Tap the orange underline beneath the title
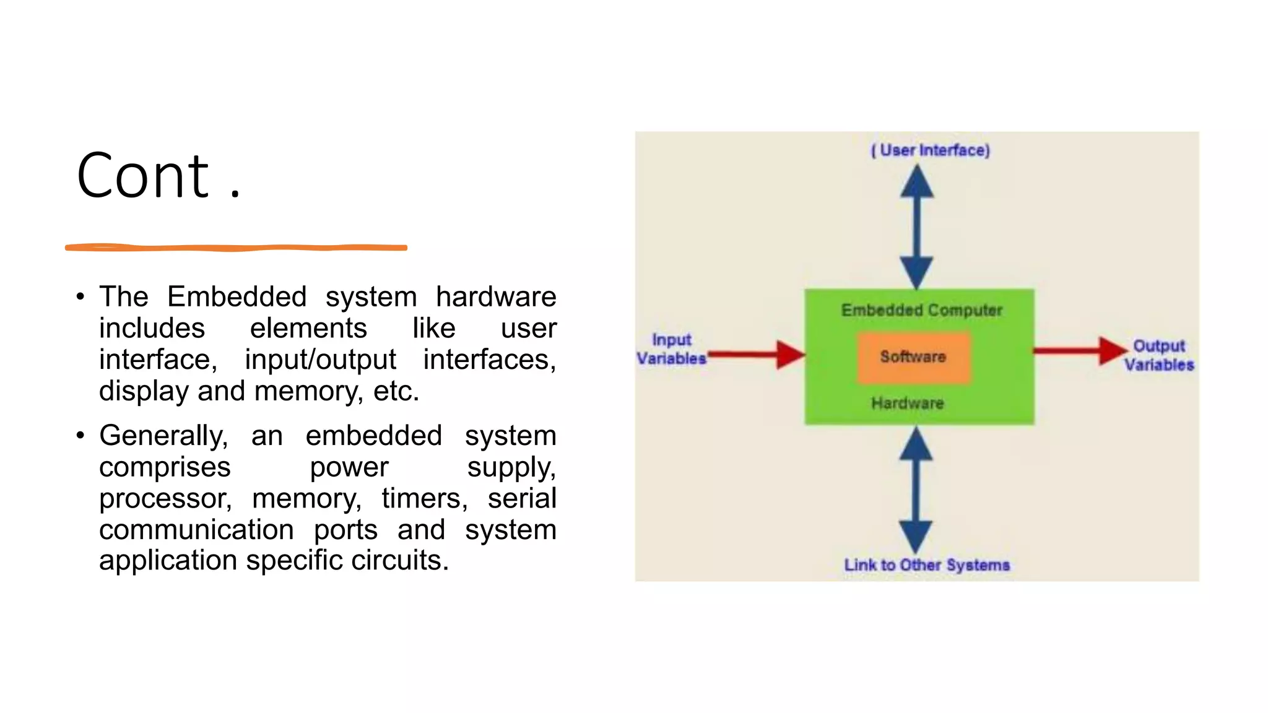pos(236,248)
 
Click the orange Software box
pos(913,357)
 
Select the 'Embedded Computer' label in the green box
pos(921,310)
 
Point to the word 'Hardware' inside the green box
pos(908,404)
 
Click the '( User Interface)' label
pos(931,150)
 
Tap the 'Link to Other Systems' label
pos(927,565)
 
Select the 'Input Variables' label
pos(672,349)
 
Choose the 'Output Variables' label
pos(1159,355)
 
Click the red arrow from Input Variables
pos(757,355)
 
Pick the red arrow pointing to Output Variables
pos(1080,351)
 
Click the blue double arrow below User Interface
pos(917,227)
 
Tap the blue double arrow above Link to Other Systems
pos(916,490)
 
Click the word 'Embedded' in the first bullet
pos(237,296)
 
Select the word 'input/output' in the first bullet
pos(320,360)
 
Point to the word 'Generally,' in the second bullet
pos(163,436)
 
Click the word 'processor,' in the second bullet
pos(165,499)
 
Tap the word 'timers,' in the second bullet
pos(425,499)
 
